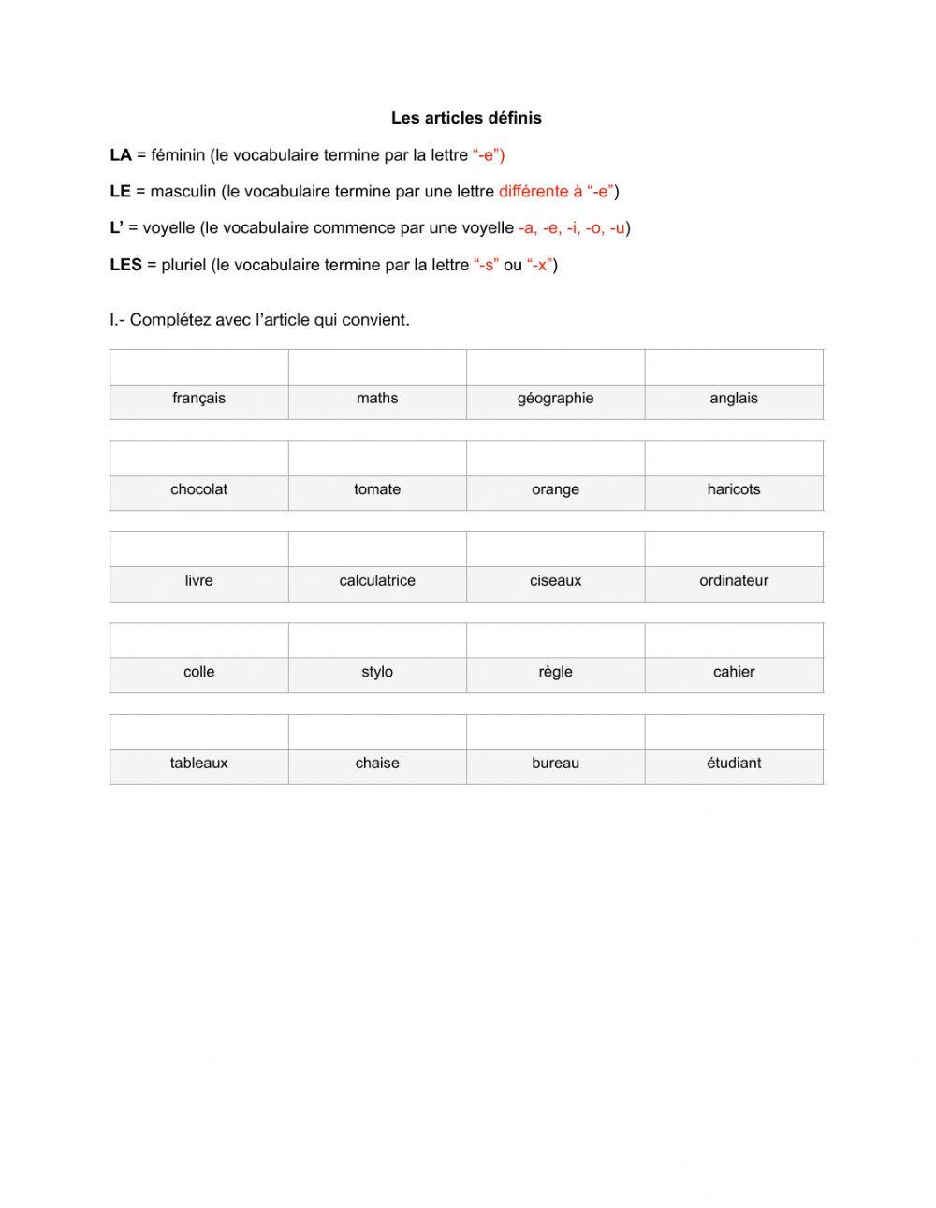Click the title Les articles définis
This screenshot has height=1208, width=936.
466,118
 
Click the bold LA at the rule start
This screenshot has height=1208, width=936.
120,155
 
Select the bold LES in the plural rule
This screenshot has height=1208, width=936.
125,265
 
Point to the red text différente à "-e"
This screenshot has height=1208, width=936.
555,192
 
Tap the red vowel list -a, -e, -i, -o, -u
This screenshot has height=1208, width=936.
571,228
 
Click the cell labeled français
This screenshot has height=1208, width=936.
198,399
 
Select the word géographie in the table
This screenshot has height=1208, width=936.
555,399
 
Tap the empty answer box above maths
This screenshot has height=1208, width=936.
377,367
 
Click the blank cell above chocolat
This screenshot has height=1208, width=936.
198,458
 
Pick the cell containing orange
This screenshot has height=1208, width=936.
555,489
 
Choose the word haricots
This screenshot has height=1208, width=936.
734,489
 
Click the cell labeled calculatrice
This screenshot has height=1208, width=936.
377,581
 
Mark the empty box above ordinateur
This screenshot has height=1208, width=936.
734,549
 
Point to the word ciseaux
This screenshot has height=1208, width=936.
555,581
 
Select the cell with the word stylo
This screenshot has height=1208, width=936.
377,672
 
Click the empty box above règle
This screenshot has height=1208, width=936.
555,641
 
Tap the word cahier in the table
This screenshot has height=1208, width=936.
734,672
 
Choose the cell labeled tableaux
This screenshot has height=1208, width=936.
198,764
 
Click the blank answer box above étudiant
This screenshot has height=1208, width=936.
734,732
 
